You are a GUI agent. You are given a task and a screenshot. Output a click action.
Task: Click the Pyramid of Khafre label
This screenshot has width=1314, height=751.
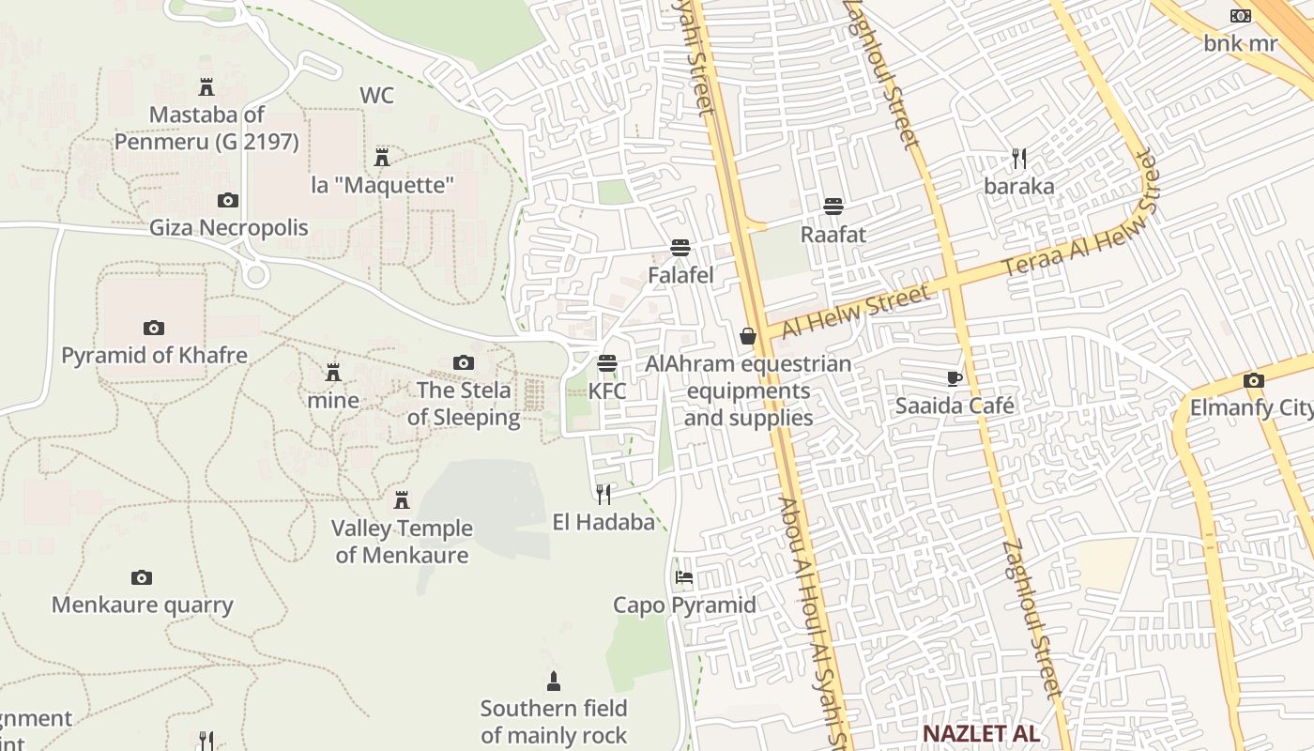[x=154, y=356]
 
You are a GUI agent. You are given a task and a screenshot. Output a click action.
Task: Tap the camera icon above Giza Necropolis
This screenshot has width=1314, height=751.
[x=228, y=200]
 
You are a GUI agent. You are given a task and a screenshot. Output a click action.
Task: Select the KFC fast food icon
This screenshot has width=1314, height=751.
[x=607, y=363]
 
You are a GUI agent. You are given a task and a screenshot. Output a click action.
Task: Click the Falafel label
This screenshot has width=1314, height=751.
[x=680, y=275]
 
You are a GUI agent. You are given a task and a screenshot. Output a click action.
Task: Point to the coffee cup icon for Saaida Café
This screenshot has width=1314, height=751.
[x=955, y=378]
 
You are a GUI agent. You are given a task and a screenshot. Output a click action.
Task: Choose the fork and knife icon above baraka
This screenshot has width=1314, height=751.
[x=1019, y=159]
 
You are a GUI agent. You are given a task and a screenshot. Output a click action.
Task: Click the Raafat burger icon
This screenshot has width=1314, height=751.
[x=833, y=207]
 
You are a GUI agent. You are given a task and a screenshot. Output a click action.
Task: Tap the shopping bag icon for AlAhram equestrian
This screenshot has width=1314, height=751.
[x=748, y=336]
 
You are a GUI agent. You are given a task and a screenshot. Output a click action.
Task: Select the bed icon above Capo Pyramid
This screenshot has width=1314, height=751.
[x=684, y=576]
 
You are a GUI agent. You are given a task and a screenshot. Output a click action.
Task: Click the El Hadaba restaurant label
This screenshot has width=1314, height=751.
[x=604, y=522]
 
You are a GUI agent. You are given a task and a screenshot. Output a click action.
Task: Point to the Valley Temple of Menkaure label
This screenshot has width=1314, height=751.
[x=402, y=542]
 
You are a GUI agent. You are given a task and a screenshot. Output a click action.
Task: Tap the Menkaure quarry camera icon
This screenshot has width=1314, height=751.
[x=142, y=577]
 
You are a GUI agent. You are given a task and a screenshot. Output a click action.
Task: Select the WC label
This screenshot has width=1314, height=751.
[x=376, y=96]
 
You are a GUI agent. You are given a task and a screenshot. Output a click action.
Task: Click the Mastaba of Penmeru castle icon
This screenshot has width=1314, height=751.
[x=206, y=87]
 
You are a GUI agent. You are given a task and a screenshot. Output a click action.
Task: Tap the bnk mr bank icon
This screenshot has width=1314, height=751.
[x=1241, y=16]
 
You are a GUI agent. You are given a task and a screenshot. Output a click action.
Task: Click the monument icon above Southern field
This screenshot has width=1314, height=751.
[x=554, y=681]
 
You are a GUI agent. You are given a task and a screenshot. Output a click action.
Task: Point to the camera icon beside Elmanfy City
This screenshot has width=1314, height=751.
[x=1254, y=380]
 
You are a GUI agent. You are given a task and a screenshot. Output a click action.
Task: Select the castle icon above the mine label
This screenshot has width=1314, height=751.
[x=332, y=373]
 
